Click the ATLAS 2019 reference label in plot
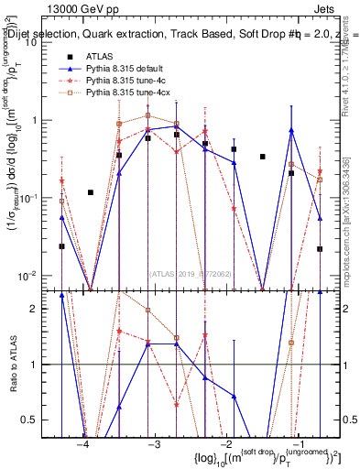190,272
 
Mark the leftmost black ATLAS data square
61,246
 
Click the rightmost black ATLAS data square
320,248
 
